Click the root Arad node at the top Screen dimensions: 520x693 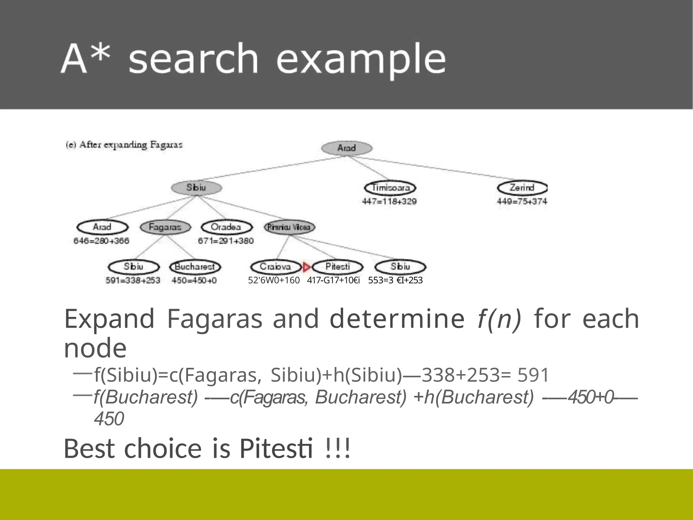[346, 148]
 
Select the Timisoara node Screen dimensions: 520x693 [390, 188]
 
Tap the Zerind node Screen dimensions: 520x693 [522, 188]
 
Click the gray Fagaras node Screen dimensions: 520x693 [165, 227]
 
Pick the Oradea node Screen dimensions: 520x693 [226, 227]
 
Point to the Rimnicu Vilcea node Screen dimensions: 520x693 [289, 227]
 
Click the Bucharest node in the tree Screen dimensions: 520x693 [195, 267]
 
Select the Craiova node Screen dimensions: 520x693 [275, 267]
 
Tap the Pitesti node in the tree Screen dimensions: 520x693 [337, 267]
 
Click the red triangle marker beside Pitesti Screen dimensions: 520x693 [307, 267]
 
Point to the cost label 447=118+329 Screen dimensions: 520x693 [389, 201]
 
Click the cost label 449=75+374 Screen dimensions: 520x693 [522, 201]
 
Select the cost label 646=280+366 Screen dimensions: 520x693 [102, 241]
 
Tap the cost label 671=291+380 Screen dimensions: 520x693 [226, 241]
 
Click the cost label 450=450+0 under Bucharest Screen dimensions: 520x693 [194, 281]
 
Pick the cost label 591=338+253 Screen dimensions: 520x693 [133, 281]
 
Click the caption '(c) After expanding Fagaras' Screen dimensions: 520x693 [124, 145]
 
